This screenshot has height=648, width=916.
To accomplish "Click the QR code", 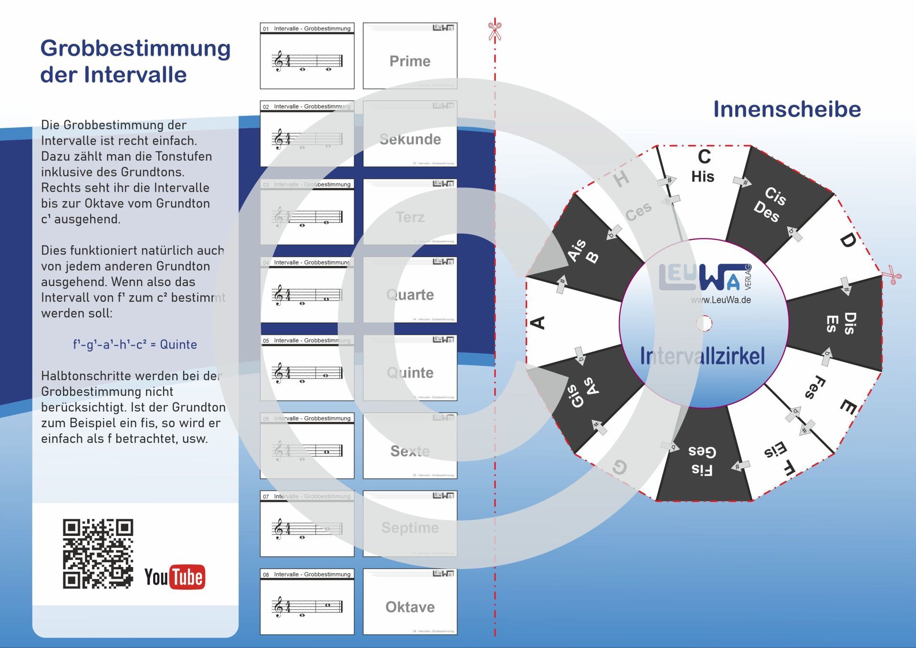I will click(98, 553).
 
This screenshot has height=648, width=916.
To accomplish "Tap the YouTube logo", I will click(175, 577).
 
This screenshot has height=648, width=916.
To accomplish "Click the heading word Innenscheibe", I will click(787, 109).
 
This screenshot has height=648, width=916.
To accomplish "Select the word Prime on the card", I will click(410, 61).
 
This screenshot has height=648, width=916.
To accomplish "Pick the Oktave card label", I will click(410, 607).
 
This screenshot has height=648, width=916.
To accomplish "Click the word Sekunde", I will click(410, 139).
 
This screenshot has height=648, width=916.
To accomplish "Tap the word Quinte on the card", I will click(410, 372).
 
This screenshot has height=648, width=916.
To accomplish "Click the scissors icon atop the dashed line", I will click(495, 31).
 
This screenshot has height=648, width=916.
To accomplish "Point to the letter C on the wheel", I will click(704, 157).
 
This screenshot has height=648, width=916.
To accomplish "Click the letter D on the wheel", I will click(847, 240).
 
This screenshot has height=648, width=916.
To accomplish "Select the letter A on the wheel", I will click(538, 323).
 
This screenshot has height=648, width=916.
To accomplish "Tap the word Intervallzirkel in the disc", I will click(702, 356).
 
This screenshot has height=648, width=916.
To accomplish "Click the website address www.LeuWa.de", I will click(720, 300).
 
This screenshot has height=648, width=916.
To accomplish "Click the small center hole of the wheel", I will click(704, 323).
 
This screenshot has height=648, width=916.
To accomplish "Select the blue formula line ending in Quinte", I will click(135, 344).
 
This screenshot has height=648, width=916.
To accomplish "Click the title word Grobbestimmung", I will click(135, 48).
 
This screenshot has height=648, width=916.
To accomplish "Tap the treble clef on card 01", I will click(278, 62).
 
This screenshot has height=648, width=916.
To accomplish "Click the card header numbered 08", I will click(307, 574).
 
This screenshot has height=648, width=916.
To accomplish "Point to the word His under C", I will click(703, 177).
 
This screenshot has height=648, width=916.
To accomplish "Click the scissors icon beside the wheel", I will click(891, 275).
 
